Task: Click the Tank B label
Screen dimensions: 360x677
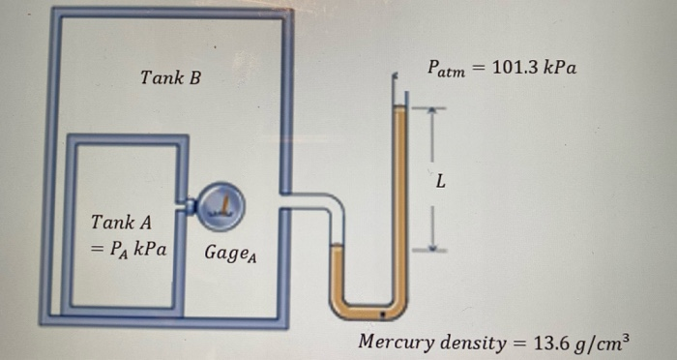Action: pos(170,76)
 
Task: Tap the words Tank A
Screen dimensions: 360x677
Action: pos(114,223)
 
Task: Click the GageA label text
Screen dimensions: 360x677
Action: pos(230,255)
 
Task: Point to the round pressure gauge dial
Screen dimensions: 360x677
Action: pos(223,204)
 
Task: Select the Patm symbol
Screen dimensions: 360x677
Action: pos(447,70)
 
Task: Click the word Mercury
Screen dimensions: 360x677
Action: pos(396,342)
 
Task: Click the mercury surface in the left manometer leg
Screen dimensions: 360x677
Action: pos(337,247)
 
